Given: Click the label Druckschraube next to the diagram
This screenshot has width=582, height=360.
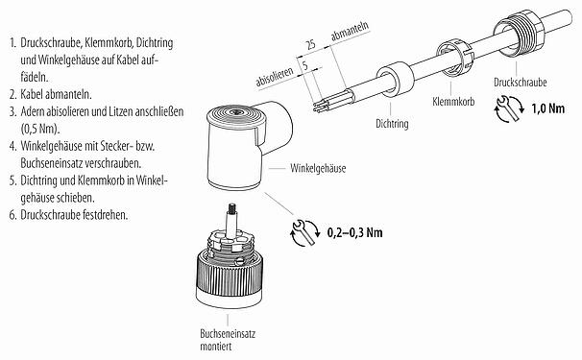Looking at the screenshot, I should tap(522, 83).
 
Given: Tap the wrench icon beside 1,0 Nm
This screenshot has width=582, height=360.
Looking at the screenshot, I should tap(510, 112).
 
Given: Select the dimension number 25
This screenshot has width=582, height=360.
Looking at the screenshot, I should tap(310, 45).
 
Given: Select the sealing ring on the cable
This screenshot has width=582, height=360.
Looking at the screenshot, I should tap(392, 82).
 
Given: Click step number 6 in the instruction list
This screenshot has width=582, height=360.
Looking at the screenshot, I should tap(11, 213).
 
